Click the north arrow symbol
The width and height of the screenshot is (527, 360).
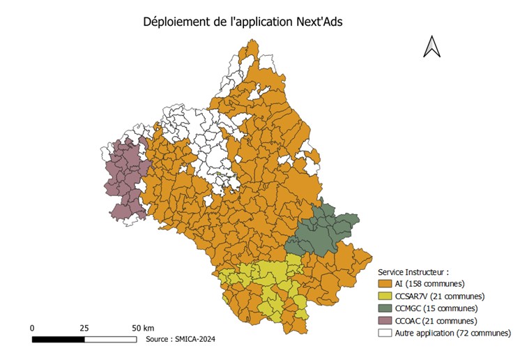431,47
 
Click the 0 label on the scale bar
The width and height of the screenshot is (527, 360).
32,327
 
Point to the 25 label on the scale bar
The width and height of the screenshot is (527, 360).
84,327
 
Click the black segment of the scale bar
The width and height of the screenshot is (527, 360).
58,339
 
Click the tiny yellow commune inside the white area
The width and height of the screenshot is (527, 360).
218,173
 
